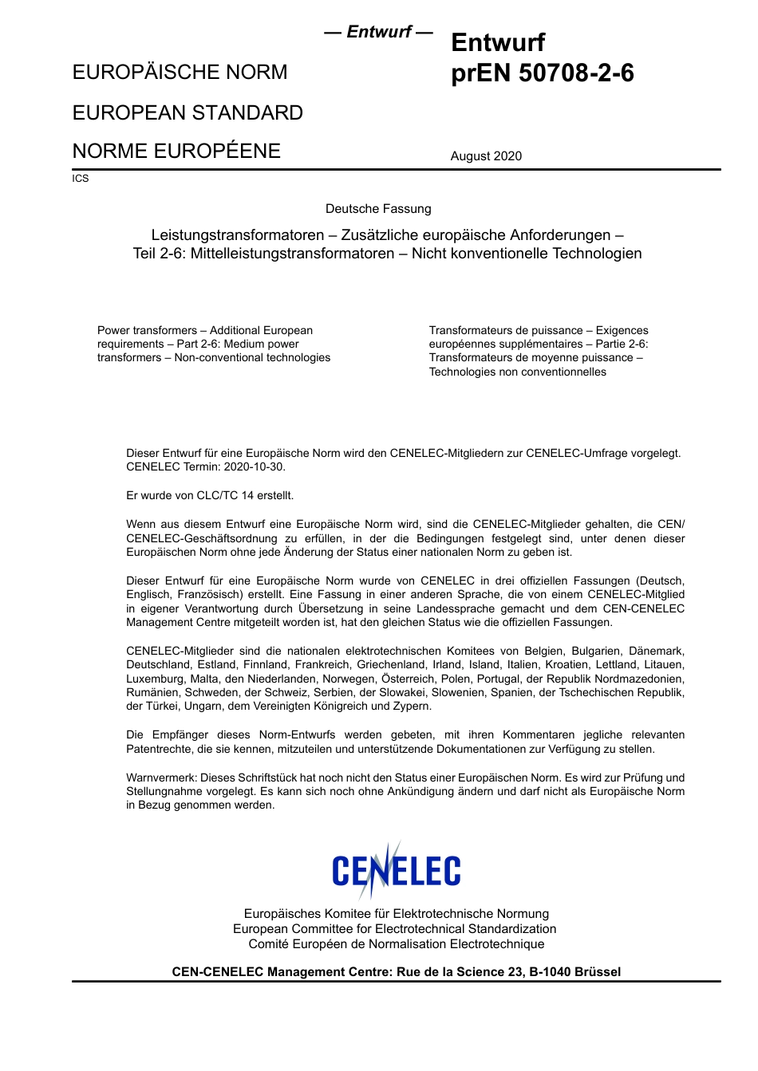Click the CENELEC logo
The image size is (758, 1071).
[397, 871]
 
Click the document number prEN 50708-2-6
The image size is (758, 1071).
[542, 73]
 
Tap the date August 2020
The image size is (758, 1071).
[486, 156]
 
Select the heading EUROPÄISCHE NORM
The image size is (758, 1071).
[180, 73]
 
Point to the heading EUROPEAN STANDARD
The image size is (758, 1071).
[188, 112]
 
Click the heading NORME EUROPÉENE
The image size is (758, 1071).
[176, 152]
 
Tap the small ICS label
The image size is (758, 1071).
[81, 179]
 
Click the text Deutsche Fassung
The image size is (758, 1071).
[378, 209]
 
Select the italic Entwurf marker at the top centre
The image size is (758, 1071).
[378, 32]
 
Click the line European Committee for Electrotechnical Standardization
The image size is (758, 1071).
[395, 929]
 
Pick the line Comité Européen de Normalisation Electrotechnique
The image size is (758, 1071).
[397, 944]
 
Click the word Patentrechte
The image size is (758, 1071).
[159, 750]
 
